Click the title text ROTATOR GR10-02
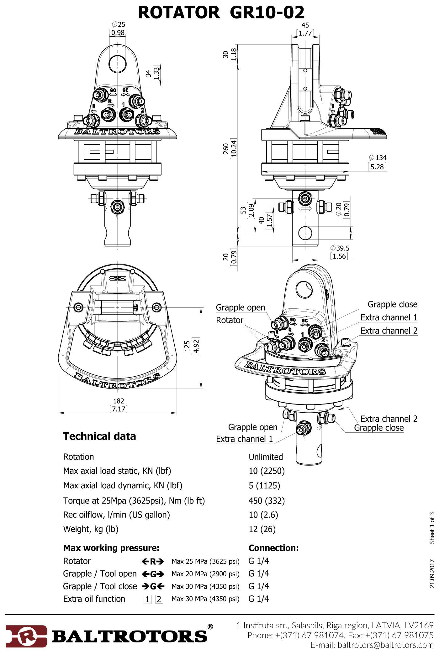pyautogui.click(x=221, y=13)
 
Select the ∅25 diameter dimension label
pyautogui.click(x=118, y=24)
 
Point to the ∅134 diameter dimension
pyautogui.click(x=378, y=158)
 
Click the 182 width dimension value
pyautogui.click(x=119, y=401)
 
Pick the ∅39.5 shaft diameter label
pyautogui.click(x=340, y=248)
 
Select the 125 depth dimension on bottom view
pyautogui.click(x=187, y=346)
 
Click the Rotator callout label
pyautogui.click(x=230, y=320)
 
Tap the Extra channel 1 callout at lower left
pyautogui.click(x=244, y=439)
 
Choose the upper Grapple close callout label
pyautogui.click(x=392, y=304)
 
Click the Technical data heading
pyautogui.click(x=99, y=436)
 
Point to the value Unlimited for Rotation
pyautogui.click(x=266, y=457)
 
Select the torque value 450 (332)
pyautogui.click(x=267, y=501)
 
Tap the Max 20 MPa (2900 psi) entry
pyautogui.click(x=205, y=574)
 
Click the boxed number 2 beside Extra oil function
pyautogui.click(x=159, y=599)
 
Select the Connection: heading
pyautogui.click(x=273, y=548)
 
